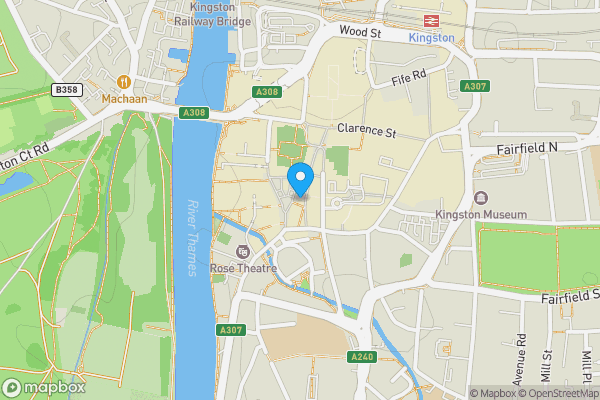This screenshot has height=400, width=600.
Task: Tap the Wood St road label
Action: coord(361,33)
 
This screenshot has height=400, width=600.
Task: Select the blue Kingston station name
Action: coord(432,38)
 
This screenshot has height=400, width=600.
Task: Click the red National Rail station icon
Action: coord(432,20)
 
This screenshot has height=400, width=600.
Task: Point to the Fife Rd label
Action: coord(408,75)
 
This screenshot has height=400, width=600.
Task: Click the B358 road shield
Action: coord(66,90)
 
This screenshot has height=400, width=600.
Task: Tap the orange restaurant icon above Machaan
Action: coord(124,82)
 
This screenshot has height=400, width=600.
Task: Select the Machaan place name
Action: coord(124,99)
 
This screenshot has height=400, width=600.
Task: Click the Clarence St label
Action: coord(367,130)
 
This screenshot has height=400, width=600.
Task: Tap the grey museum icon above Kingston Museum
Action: coord(481,197)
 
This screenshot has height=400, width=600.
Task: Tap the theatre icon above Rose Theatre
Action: coord(243,251)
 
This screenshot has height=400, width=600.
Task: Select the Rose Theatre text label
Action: coord(243,268)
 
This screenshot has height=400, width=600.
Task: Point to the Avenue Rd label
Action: coord(521,365)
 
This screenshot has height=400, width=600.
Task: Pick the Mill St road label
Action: coord(547,367)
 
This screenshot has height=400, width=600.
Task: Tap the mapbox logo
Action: coord(43,387)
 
